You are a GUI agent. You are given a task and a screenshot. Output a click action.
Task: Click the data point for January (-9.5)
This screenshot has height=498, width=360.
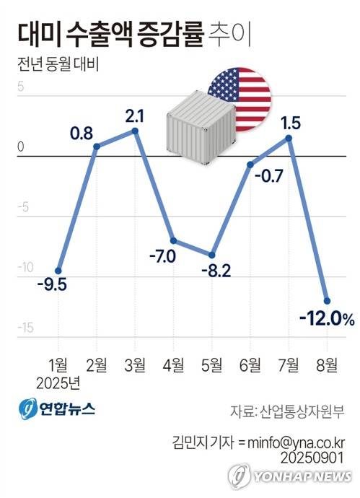pyautogui.click(x=58, y=271)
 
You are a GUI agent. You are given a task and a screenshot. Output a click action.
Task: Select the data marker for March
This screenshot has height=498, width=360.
pyautogui.click(x=135, y=131)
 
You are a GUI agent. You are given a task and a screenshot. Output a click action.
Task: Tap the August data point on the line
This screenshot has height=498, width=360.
pyautogui.click(x=327, y=301)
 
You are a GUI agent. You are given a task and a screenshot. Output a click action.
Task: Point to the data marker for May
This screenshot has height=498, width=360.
pyautogui.click(x=211, y=255)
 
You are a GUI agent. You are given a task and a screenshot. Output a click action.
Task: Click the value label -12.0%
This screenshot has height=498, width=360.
pyautogui.click(x=327, y=318)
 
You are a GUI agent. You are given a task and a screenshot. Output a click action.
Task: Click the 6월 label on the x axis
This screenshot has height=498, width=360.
pyautogui.click(x=250, y=363)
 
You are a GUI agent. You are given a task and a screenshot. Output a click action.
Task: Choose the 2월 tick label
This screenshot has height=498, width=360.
pyautogui.click(x=97, y=363)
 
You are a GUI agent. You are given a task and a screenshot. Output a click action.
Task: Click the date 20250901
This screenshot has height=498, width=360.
pyautogui.click(x=311, y=458)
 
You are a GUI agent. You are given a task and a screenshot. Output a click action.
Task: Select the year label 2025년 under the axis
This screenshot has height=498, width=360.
pyautogui.click(x=61, y=382)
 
